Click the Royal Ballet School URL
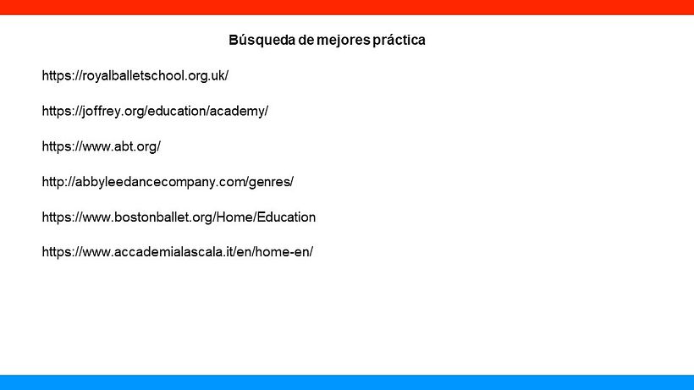[x=135, y=75]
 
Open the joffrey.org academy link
[x=155, y=111]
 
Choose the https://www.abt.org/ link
[x=101, y=146]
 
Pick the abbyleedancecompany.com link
[x=168, y=182]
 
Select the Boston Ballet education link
[x=179, y=217]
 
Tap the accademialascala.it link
[x=178, y=253]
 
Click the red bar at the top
[x=347, y=7]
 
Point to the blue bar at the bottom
[x=347, y=382]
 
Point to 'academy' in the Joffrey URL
[x=240, y=111]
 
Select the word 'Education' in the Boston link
[x=285, y=217]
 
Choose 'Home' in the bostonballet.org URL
[x=233, y=217]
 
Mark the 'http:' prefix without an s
[x=55, y=182]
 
